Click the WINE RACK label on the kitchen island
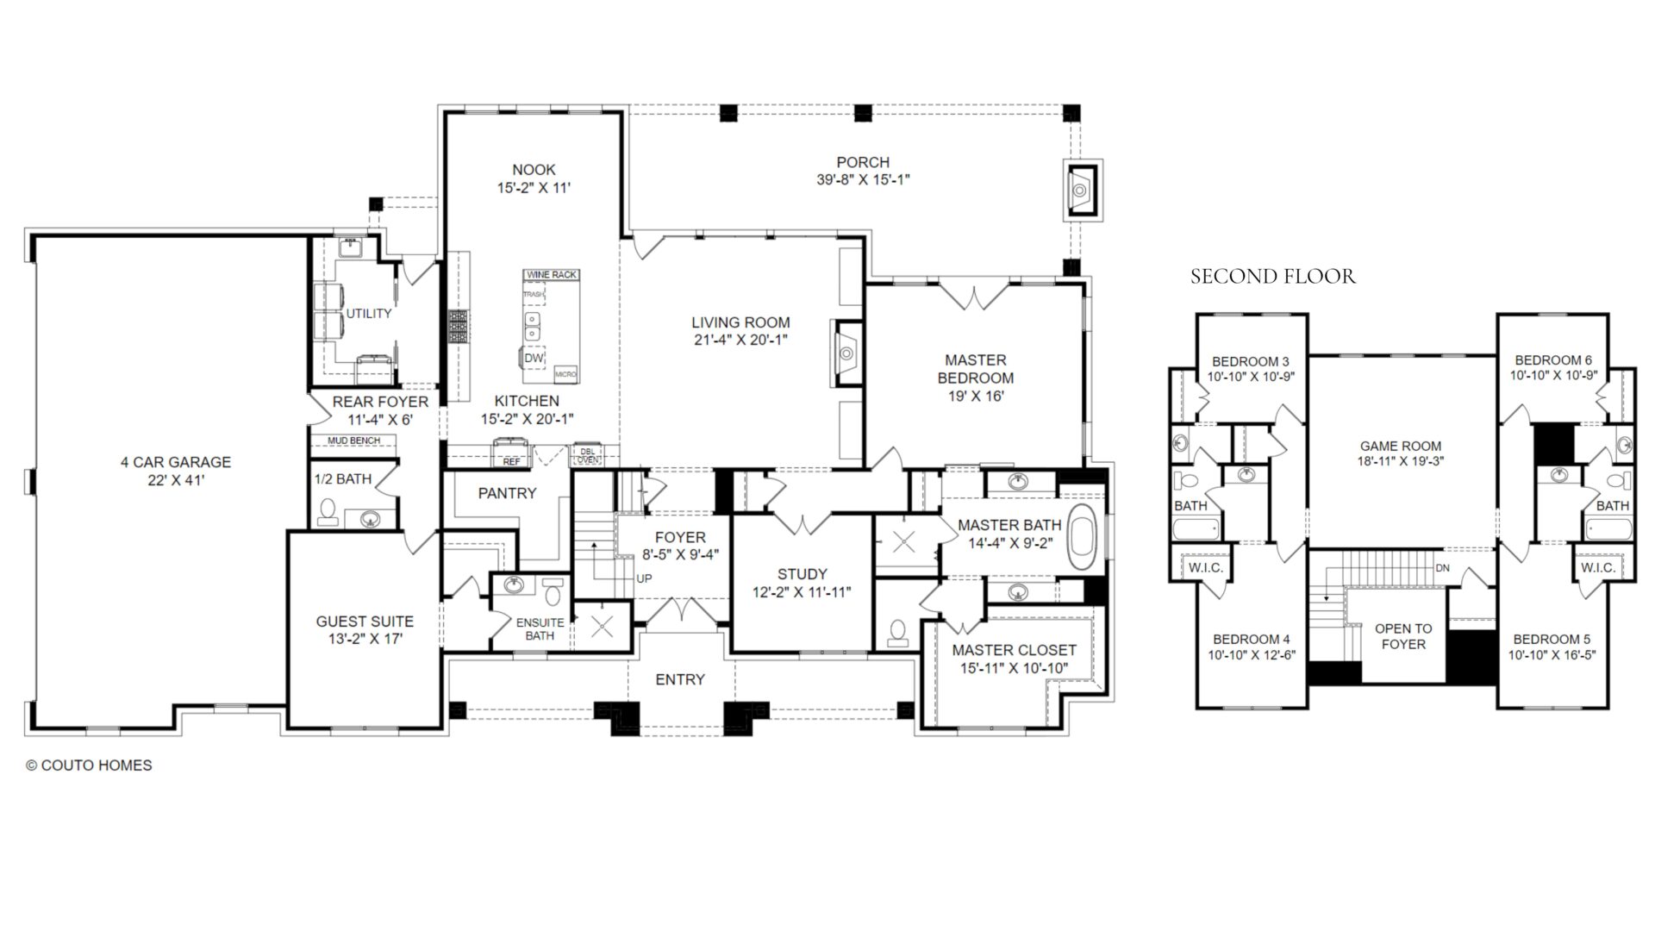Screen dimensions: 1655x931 tap(551, 275)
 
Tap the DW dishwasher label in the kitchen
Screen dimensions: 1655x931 tap(534, 358)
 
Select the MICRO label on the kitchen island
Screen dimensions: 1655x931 tap(565, 374)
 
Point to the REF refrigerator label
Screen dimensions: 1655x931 tap(511, 461)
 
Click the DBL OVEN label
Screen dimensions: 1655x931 tap(587, 455)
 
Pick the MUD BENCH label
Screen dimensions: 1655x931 tap(353, 441)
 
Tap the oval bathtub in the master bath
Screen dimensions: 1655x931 tap(1081, 536)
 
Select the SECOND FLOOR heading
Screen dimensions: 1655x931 tap(1272, 277)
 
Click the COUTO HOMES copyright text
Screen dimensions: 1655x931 tap(89, 765)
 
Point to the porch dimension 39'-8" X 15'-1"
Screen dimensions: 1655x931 tap(863, 180)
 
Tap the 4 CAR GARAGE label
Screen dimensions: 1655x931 tap(175, 462)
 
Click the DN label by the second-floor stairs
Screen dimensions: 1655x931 tap(1442, 568)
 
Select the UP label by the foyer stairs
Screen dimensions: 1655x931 tap(644, 578)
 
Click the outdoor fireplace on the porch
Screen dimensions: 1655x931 tap(1083, 190)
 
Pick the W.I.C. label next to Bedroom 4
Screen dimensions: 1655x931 tap(1205, 567)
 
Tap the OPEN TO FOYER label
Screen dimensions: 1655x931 tap(1403, 636)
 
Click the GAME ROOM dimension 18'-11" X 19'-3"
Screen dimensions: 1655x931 tap(1401, 461)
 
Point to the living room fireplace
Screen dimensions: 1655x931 tap(846, 352)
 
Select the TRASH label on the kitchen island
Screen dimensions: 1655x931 tap(534, 295)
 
